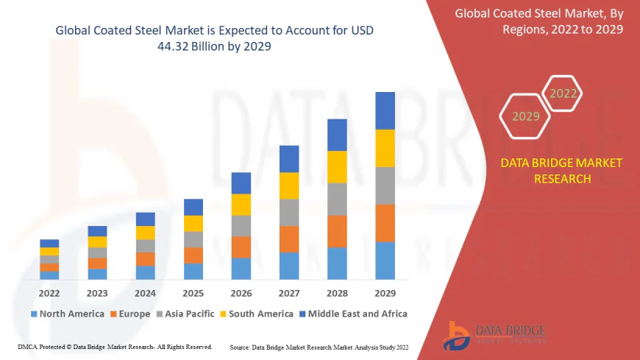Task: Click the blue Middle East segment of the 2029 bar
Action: tap(385, 110)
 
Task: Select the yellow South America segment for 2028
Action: tap(337, 166)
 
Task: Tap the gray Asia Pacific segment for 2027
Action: tap(289, 212)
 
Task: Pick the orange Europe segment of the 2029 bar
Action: tap(385, 223)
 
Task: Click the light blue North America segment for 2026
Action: tap(241, 268)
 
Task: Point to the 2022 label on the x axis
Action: tap(49, 293)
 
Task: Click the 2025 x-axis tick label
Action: tap(193, 293)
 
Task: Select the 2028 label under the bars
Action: tap(337, 293)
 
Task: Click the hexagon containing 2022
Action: tap(563, 93)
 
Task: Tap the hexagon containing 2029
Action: tap(525, 116)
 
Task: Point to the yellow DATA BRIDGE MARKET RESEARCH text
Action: tap(561, 170)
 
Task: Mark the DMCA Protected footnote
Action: tap(115, 346)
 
